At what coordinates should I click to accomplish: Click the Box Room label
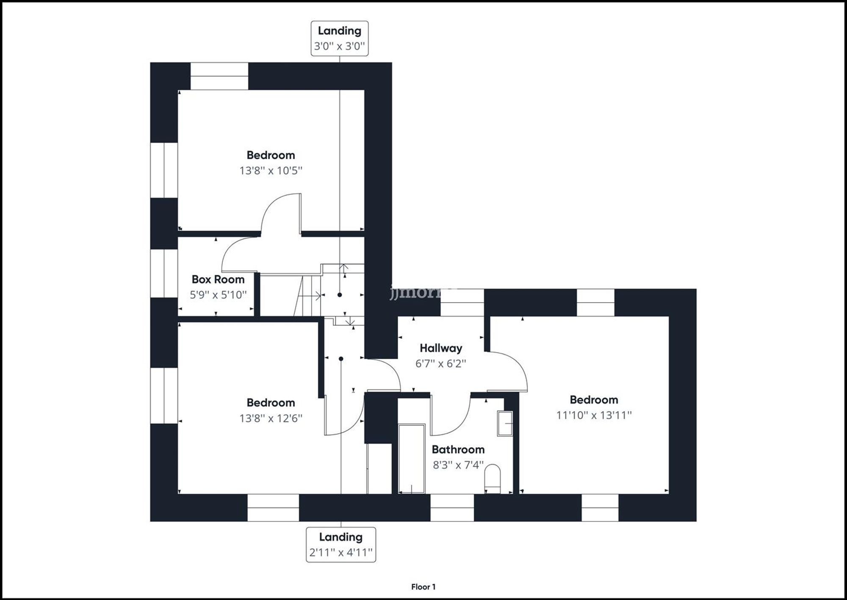[x=218, y=279]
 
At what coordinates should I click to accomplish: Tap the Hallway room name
[x=440, y=348]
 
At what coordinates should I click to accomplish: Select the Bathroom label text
[x=458, y=449]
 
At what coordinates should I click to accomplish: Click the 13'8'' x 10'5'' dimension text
[x=271, y=171]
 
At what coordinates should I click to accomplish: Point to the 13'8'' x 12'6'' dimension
[x=271, y=419]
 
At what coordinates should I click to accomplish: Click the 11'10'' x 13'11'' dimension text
[x=594, y=415]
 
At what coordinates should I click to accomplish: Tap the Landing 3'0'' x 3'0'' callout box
[x=340, y=38]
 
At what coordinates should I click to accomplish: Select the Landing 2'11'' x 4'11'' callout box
[x=341, y=544]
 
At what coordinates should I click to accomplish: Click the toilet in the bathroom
[x=492, y=479]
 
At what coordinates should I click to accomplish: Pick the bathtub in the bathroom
[x=412, y=458]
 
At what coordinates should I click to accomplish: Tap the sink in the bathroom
[x=505, y=423]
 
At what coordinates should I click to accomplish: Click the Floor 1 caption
[x=423, y=587]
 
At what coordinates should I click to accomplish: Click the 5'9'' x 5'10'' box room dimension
[x=218, y=295]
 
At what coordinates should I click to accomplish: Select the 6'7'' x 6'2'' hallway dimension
[x=440, y=363]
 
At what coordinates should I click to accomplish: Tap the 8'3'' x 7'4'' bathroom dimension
[x=458, y=465]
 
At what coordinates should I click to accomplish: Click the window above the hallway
[x=462, y=302]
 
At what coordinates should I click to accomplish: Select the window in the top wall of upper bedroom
[x=219, y=76]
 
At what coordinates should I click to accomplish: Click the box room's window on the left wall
[x=164, y=273]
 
